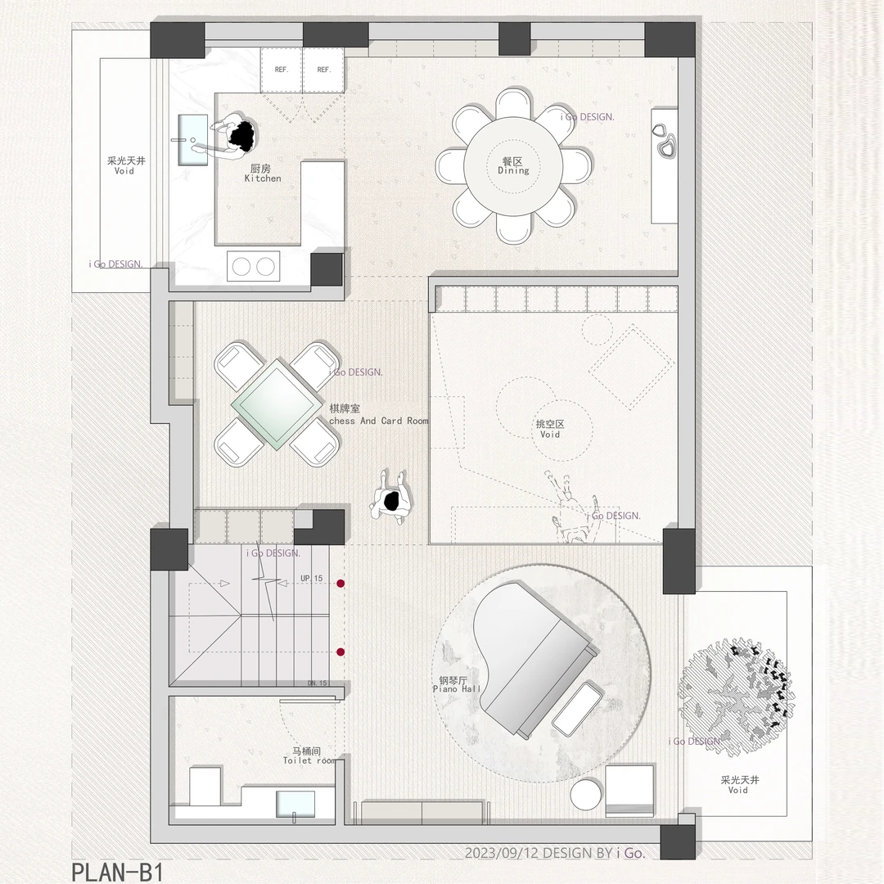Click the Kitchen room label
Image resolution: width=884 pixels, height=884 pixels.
click(262, 174)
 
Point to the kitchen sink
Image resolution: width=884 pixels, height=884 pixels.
click(193, 141)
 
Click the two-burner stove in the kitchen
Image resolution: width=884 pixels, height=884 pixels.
click(254, 266)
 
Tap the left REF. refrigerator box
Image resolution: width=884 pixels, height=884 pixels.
click(282, 70)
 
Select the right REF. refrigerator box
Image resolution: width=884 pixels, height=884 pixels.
click(323, 70)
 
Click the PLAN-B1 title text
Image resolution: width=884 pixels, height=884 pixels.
click(117, 871)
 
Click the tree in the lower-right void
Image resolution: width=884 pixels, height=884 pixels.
click(737, 697)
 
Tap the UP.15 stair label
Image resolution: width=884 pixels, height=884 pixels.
click(312, 579)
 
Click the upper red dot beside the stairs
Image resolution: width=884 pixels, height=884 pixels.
click(341, 584)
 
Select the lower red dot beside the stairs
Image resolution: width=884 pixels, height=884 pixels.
click(341, 652)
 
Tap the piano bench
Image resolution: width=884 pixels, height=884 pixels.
click(577, 708)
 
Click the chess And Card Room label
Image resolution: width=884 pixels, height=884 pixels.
click(378, 422)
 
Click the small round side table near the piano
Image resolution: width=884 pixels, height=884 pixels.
click(586, 794)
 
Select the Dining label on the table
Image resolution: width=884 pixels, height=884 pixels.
click(513, 170)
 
